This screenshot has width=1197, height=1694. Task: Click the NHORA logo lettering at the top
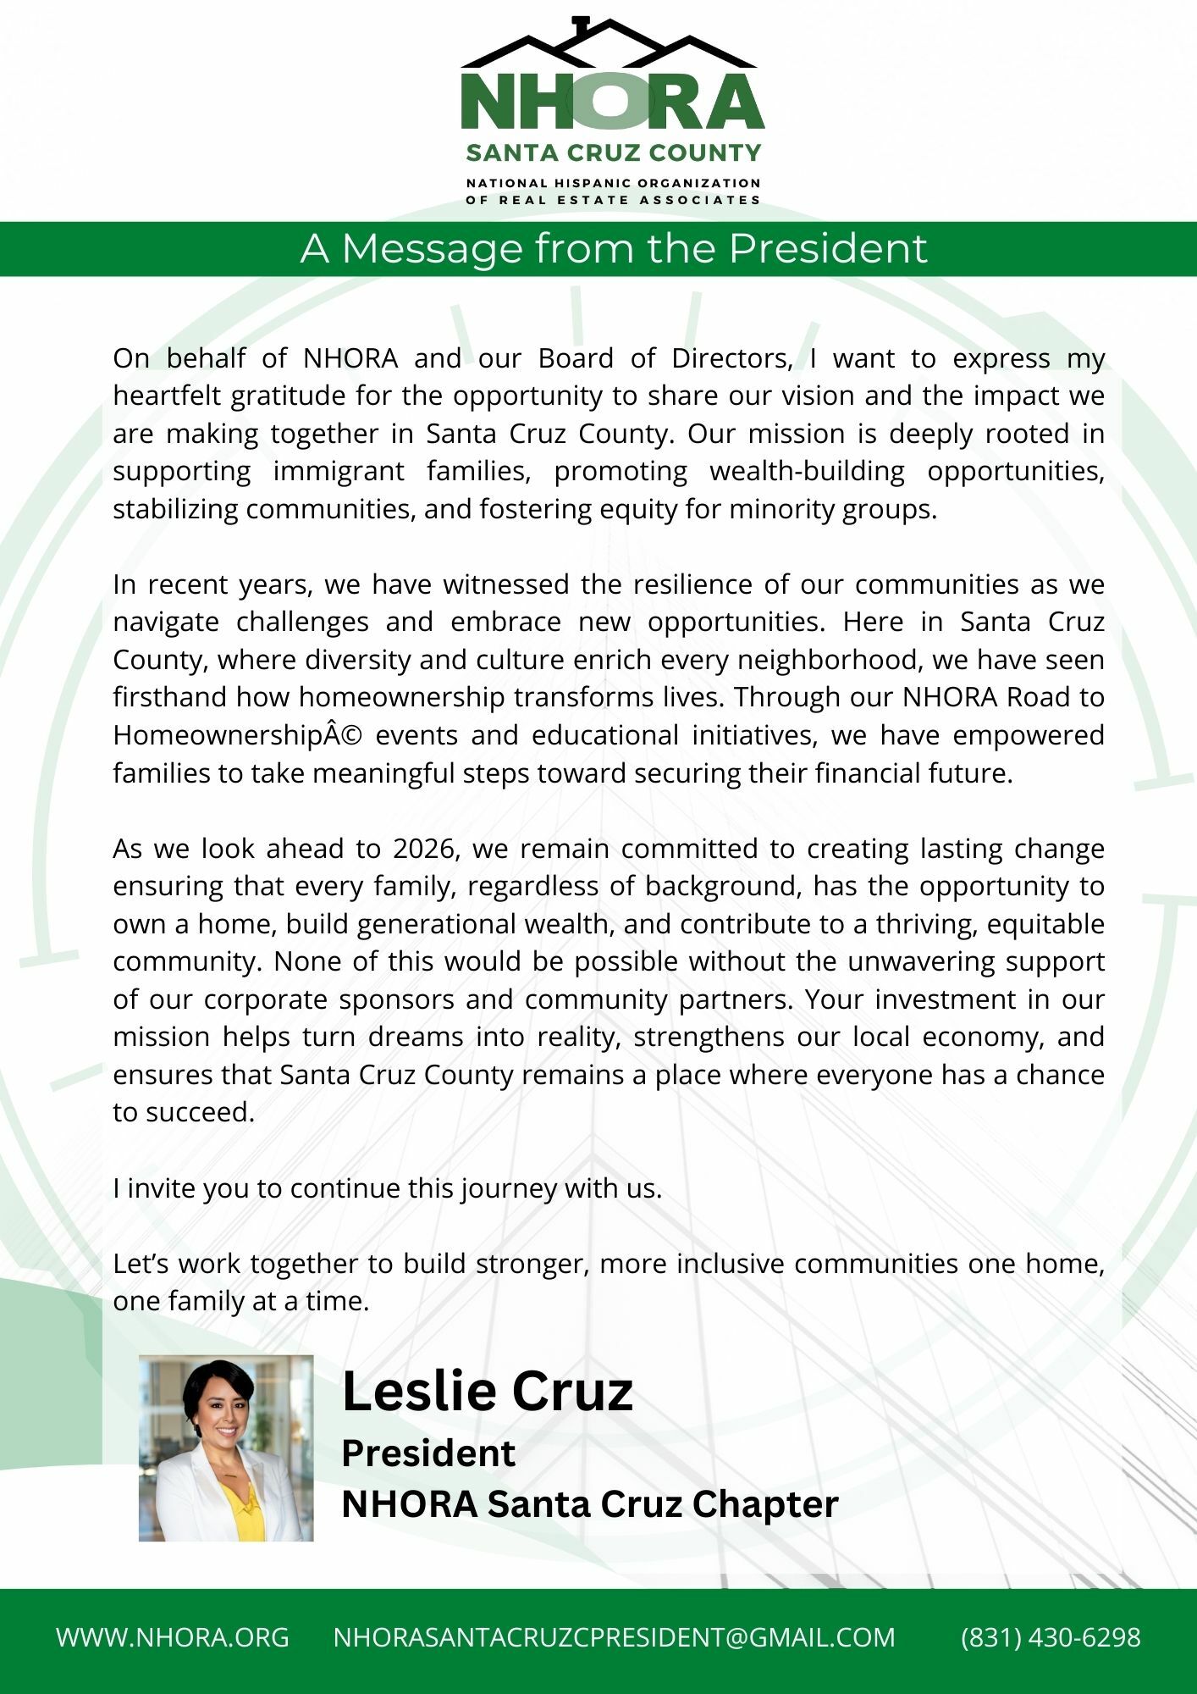(x=612, y=102)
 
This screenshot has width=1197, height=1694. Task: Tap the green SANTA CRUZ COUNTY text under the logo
(x=613, y=153)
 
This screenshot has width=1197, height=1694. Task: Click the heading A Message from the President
(x=614, y=249)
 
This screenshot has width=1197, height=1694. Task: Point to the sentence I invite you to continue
(x=387, y=1188)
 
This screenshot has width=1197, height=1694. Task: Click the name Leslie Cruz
(x=487, y=1392)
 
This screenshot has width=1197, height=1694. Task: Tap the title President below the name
(x=428, y=1453)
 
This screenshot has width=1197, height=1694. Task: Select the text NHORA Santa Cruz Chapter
(x=589, y=1504)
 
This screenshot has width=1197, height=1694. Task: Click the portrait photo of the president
(x=226, y=1448)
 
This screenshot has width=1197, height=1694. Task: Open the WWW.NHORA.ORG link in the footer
(x=173, y=1637)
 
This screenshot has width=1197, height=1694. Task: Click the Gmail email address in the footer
(x=614, y=1637)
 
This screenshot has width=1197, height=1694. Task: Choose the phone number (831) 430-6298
(x=1051, y=1637)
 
